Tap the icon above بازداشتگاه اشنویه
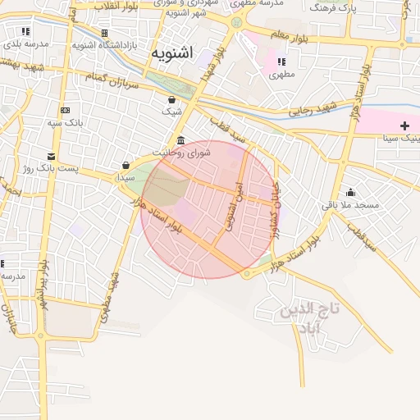coord(104,33)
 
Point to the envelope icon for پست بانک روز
coord(52,156)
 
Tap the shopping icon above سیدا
coord(126,165)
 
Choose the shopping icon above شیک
coord(171,98)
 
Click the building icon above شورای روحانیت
coord(180,139)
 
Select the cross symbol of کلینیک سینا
coord(404,125)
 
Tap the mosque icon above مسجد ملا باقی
coord(350,192)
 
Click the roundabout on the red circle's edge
coord(248,273)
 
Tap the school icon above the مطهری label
coord(281,62)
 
